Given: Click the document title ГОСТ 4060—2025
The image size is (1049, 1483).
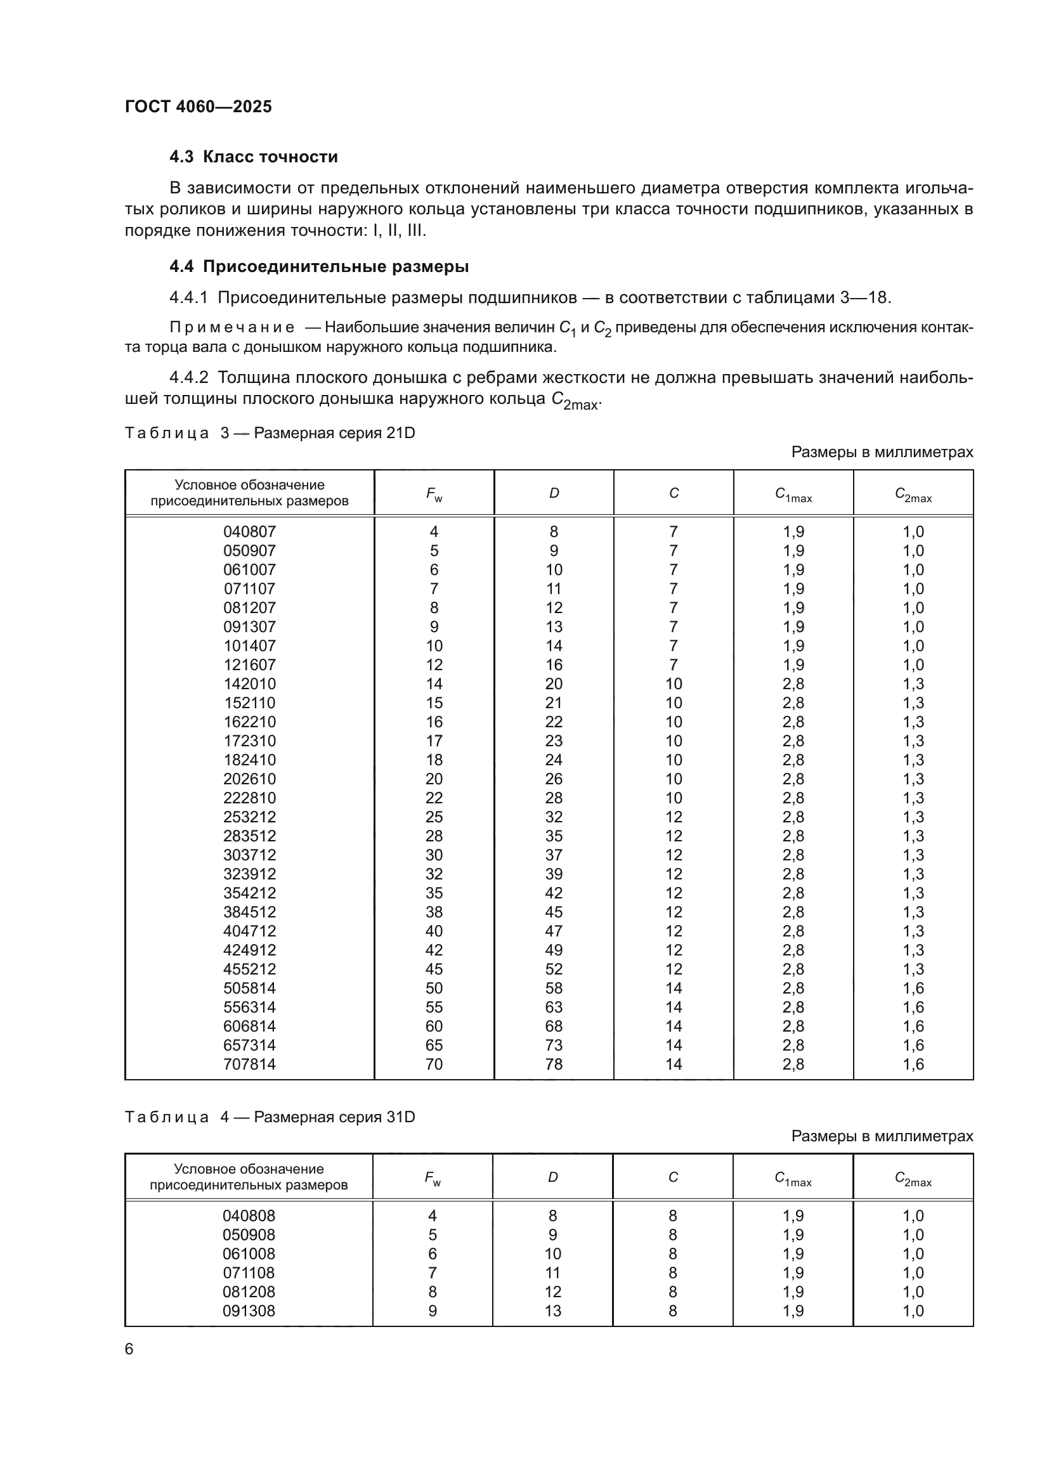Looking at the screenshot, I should [199, 107].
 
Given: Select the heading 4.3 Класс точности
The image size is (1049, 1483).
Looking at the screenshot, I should [253, 157].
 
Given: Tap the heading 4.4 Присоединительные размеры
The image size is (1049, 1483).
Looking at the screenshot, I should [319, 266].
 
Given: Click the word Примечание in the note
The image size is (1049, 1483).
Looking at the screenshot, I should [232, 327].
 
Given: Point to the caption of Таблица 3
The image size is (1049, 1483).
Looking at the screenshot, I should [270, 433].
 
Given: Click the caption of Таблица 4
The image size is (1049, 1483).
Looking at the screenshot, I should [270, 1117].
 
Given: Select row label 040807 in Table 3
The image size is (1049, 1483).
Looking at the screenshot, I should [249, 531].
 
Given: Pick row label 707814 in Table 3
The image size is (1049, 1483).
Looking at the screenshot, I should [249, 1064].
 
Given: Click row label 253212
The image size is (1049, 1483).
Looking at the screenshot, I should [249, 817].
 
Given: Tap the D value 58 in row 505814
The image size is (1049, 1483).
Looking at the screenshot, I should [554, 988].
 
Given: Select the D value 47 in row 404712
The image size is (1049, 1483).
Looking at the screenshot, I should [554, 931].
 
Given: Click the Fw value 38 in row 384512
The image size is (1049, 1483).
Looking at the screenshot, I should [434, 911].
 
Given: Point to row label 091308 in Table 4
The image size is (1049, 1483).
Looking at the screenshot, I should [249, 1311].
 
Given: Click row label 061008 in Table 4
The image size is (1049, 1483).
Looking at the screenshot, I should [249, 1253].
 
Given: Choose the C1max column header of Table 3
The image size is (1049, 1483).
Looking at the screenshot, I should [793, 494].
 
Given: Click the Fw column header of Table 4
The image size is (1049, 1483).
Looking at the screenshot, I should [433, 1178].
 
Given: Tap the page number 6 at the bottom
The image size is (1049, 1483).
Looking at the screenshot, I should [129, 1349].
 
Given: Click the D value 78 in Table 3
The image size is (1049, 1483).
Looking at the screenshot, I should [554, 1064].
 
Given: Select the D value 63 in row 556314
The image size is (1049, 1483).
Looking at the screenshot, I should [554, 1007].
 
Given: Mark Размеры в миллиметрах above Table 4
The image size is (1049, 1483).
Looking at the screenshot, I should [882, 1136].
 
